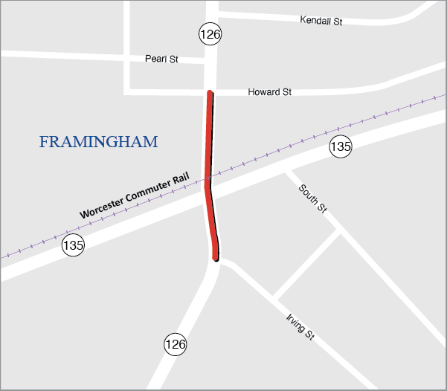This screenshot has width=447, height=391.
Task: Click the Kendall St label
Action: pyautogui.click(x=321, y=21)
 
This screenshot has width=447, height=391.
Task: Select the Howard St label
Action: pyautogui.click(x=269, y=92)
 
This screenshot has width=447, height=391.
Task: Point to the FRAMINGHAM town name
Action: pyautogui.click(x=98, y=142)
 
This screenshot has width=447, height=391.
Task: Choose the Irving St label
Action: pyautogui.click(x=300, y=327)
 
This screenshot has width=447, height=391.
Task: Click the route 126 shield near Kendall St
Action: pyautogui.click(x=210, y=33)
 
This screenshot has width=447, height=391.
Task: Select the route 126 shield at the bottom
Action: pyautogui.click(x=176, y=344)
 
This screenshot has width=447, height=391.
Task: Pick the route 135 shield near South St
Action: pyautogui.click(x=341, y=146)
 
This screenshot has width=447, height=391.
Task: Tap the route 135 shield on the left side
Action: pyautogui.click(x=73, y=245)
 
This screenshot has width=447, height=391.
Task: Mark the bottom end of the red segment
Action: pyautogui.click(x=216, y=258)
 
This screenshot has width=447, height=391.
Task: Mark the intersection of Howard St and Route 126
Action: pyautogui.click(x=210, y=91)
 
